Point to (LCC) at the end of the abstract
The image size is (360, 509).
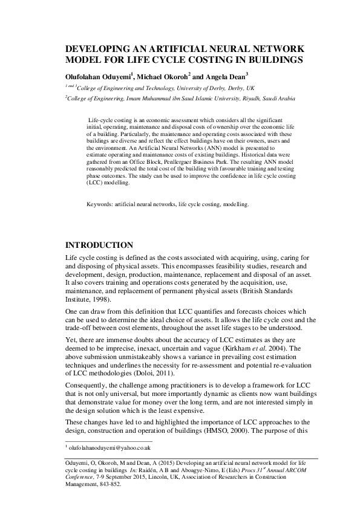tap(96, 182)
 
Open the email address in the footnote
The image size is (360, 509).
tap(108, 448)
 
